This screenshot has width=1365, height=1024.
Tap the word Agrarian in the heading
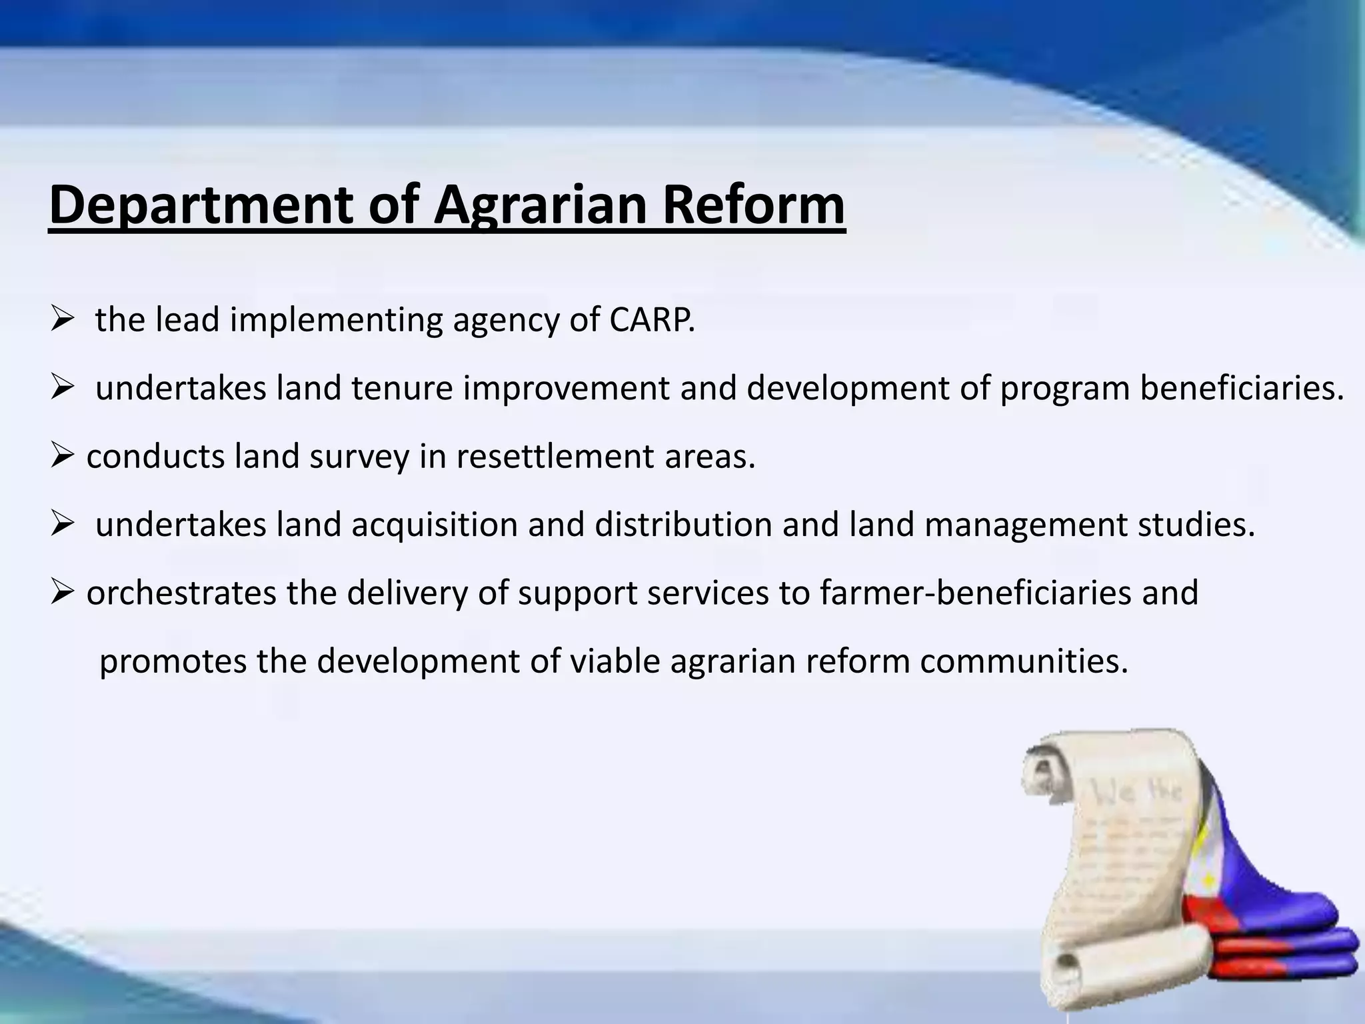coord(540,205)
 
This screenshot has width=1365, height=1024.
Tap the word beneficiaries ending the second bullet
coord(1241,388)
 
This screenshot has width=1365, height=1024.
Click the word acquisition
coord(435,525)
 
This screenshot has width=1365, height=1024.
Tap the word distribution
coord(683,525)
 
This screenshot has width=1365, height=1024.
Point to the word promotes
coord(173,661)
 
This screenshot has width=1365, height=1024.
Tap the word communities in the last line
coord(1024,661)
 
